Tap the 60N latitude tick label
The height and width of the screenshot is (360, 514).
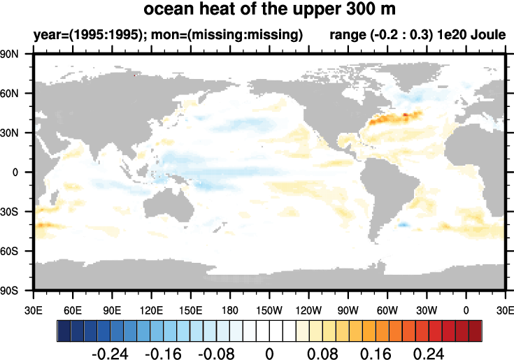pos(17,93)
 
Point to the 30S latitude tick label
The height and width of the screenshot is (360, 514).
pos(17,211)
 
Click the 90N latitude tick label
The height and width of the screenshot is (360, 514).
pos(17,54)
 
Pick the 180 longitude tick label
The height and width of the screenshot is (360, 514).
pos(229,310)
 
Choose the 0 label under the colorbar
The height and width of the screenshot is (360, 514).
pos(269,352)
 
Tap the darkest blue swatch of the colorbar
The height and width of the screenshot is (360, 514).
pos(64,329)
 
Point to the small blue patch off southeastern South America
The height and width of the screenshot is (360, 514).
pos(402,224)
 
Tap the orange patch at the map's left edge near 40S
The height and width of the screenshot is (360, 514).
pos(43,225)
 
